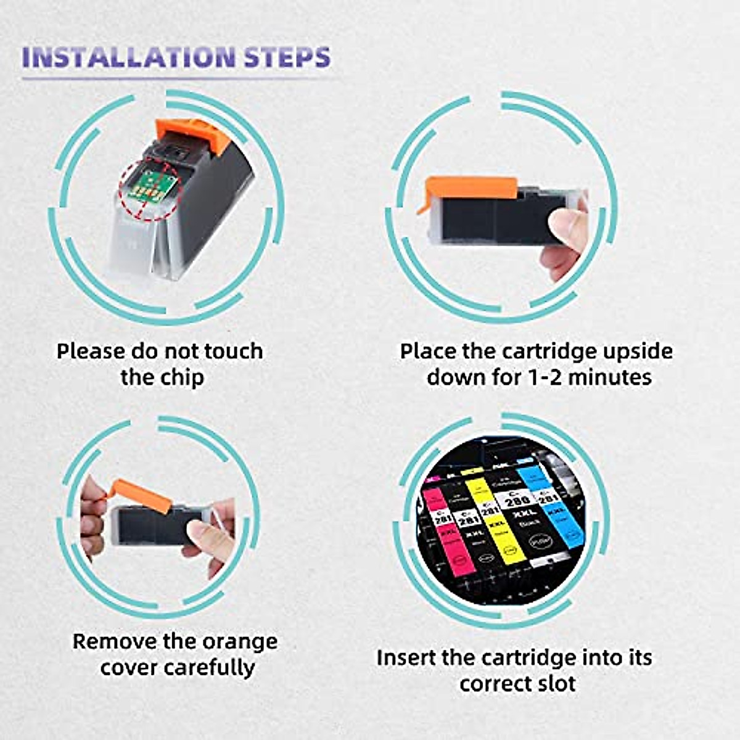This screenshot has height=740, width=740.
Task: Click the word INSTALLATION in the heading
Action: pyautogui.click(x=128, y=57)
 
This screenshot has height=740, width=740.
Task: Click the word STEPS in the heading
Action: pyautogui.click(x=287, y=57)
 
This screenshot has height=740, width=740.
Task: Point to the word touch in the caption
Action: pyautogui.click(x=233, y=351)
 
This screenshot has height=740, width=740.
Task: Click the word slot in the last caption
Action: pyautogui.click(x=554, y=683)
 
